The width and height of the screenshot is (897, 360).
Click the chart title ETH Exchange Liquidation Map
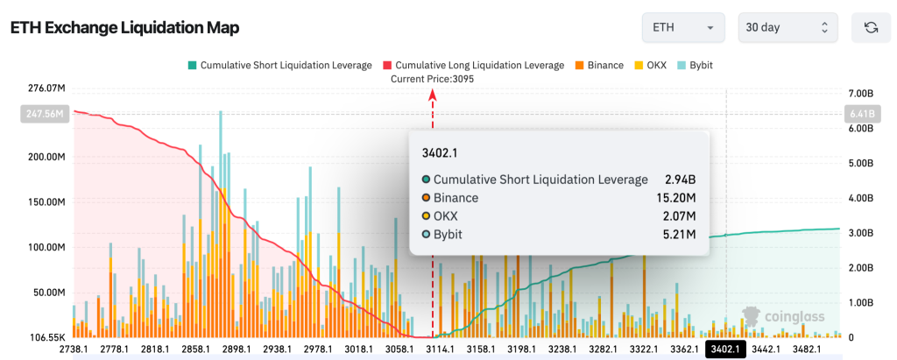coord(124,28)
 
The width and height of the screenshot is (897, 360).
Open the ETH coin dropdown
coord(682,28)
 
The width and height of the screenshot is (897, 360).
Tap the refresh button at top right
coord(871,28)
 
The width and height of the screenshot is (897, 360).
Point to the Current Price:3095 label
coord(431,79)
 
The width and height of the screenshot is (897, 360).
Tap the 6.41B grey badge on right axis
coord(858,114)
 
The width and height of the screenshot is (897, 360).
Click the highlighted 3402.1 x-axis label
coord(726,349)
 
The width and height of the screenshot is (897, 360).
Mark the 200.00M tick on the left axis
coord(45,158)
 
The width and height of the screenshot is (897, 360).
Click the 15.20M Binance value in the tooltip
coord(675,198)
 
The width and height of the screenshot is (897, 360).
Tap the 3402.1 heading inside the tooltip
coord(440,152)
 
